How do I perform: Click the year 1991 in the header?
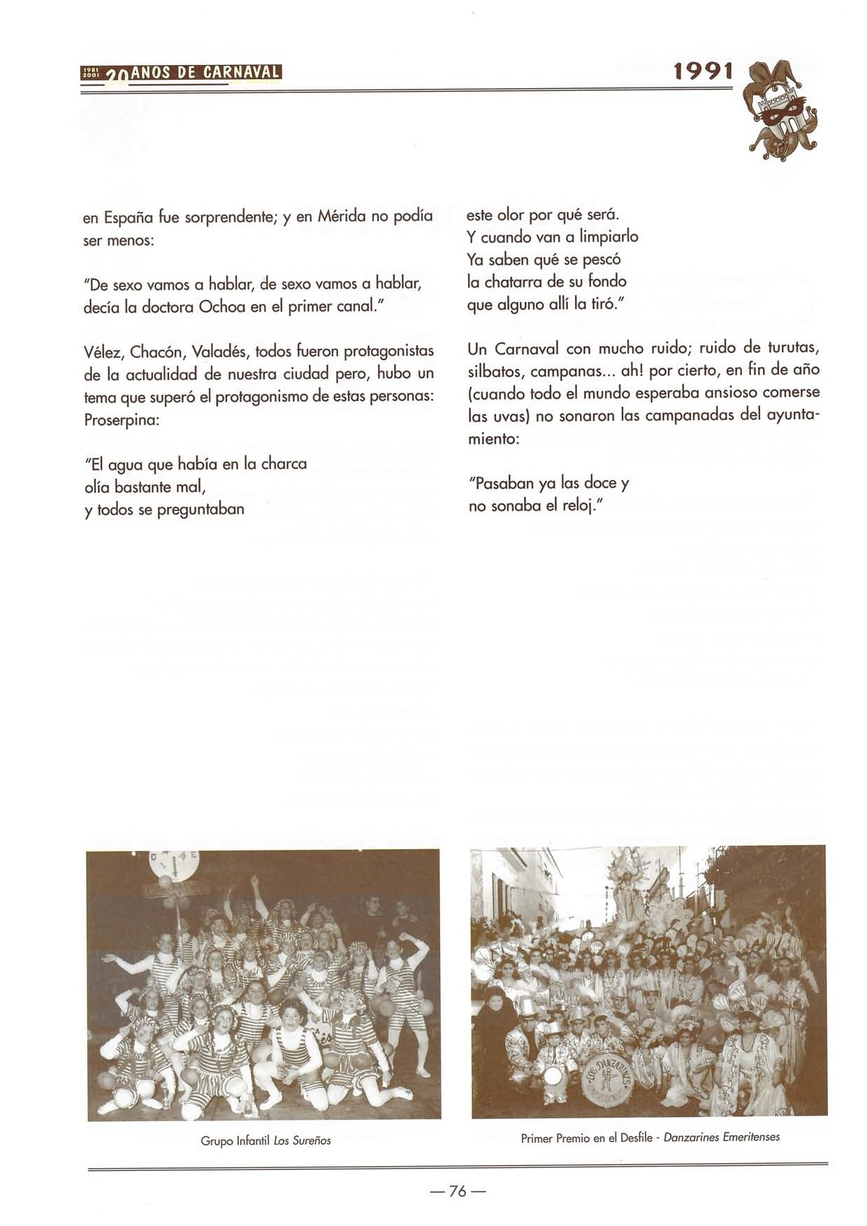pos(703,71)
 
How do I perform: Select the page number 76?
pos(458,1190)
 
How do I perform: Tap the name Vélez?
pos(103,351)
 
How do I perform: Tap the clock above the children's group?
pos(174,865)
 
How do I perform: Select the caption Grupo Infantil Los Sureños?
pos(265,1141)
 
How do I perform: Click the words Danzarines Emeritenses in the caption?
pos(721,1137)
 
